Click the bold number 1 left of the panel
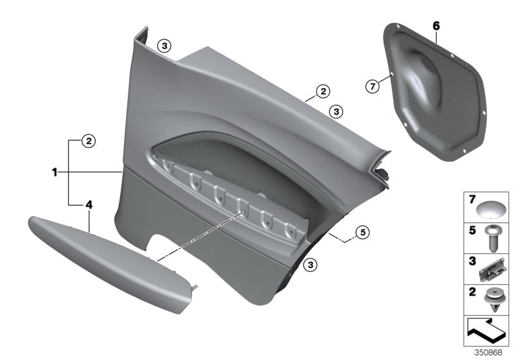click(x=55, y=172)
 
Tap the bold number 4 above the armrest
click(x=89, y=204)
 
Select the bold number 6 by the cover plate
click(x=436, y=26)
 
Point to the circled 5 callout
click(x=363, y=232)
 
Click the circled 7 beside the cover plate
click(x=373, y=86)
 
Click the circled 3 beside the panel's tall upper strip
click(x=165, y=46)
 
